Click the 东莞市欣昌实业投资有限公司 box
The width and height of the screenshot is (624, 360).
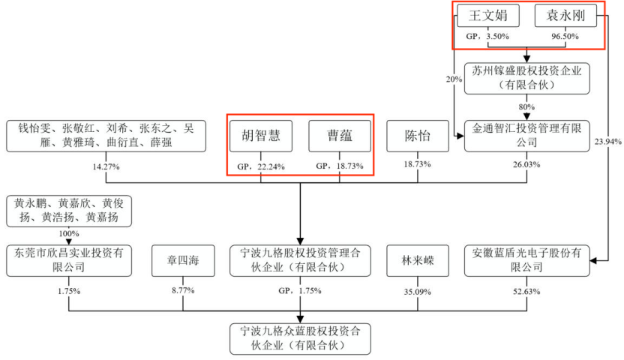coord(68,259)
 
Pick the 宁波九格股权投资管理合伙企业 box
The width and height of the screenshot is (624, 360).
coord(300,259)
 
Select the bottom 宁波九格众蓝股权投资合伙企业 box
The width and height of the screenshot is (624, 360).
coord(300,337)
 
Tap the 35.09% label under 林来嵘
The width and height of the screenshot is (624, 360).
coord(418,291)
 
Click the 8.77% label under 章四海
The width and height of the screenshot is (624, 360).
coord(181,291)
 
